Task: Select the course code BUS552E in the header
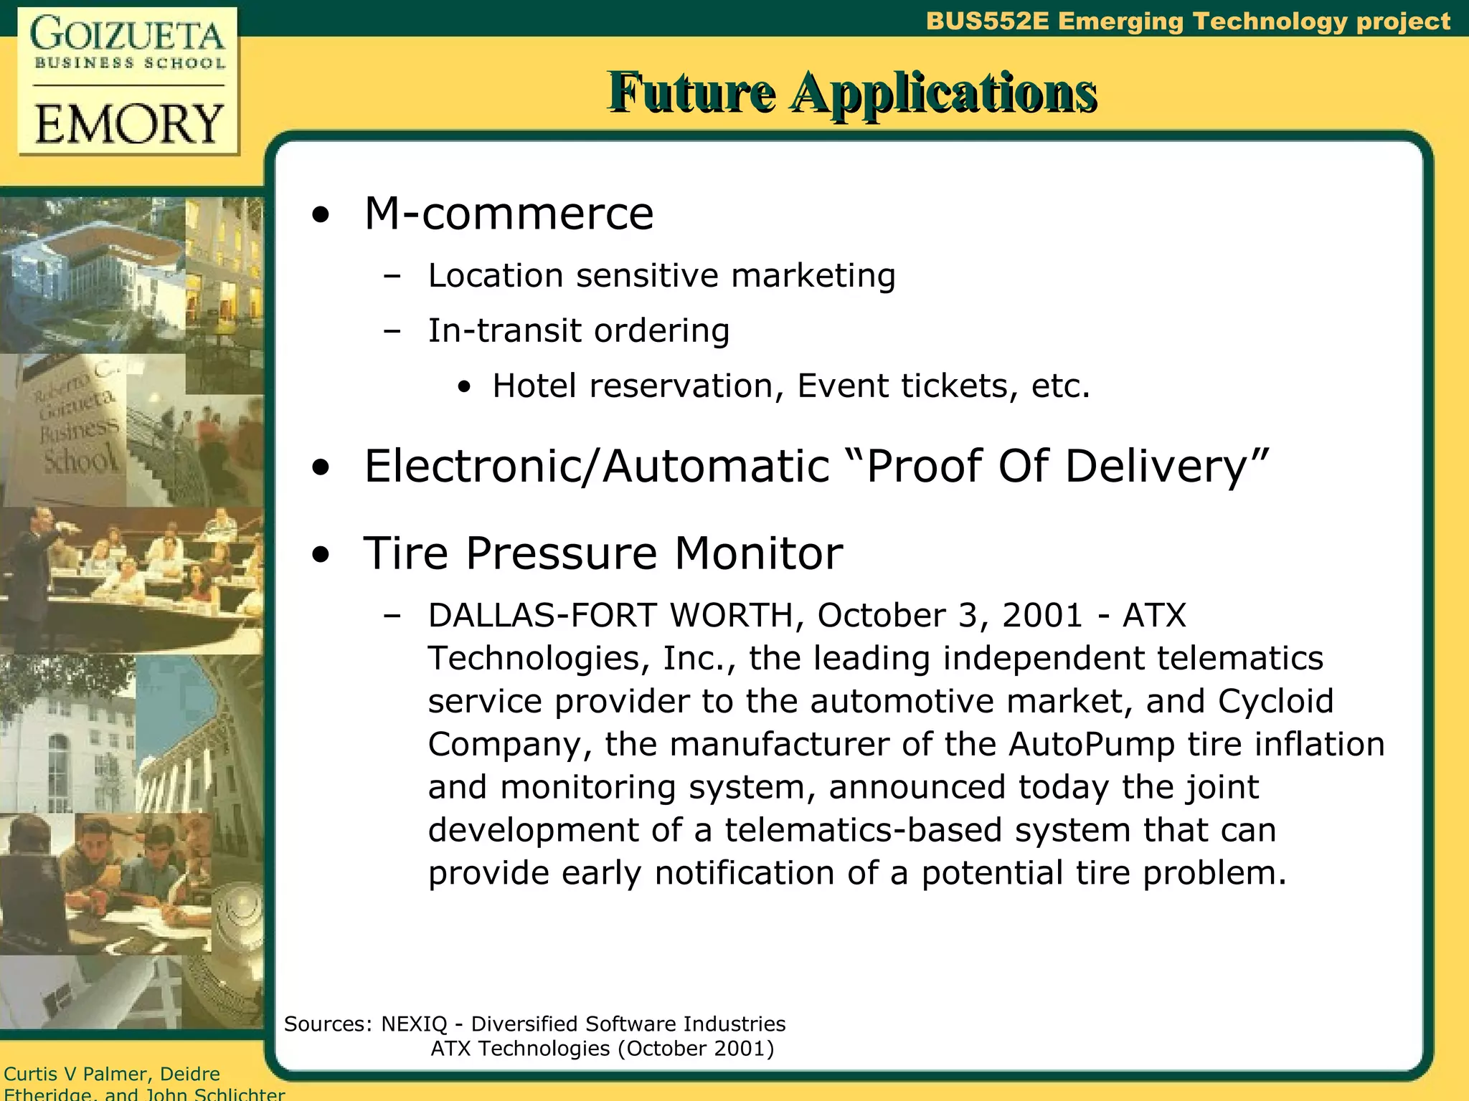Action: pyautogui.click(x=987, y=21)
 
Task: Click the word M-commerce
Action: pyautogui.click(x=509, y=214)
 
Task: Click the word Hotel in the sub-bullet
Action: pyautogui.click(x=534, y=386)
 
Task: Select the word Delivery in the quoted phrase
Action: pyautogui.click(x=1166, y=467)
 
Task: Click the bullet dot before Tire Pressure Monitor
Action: pyautogui.click(x=321, y=554)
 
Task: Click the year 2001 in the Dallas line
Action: pyautogui.click(x=1041, y=615)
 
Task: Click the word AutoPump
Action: pyautogui.click(x=1092, y=744)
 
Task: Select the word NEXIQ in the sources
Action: pyautogui.click(x=414, y=1024)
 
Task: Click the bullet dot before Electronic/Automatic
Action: pyautogui.click(x=321, y=467)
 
